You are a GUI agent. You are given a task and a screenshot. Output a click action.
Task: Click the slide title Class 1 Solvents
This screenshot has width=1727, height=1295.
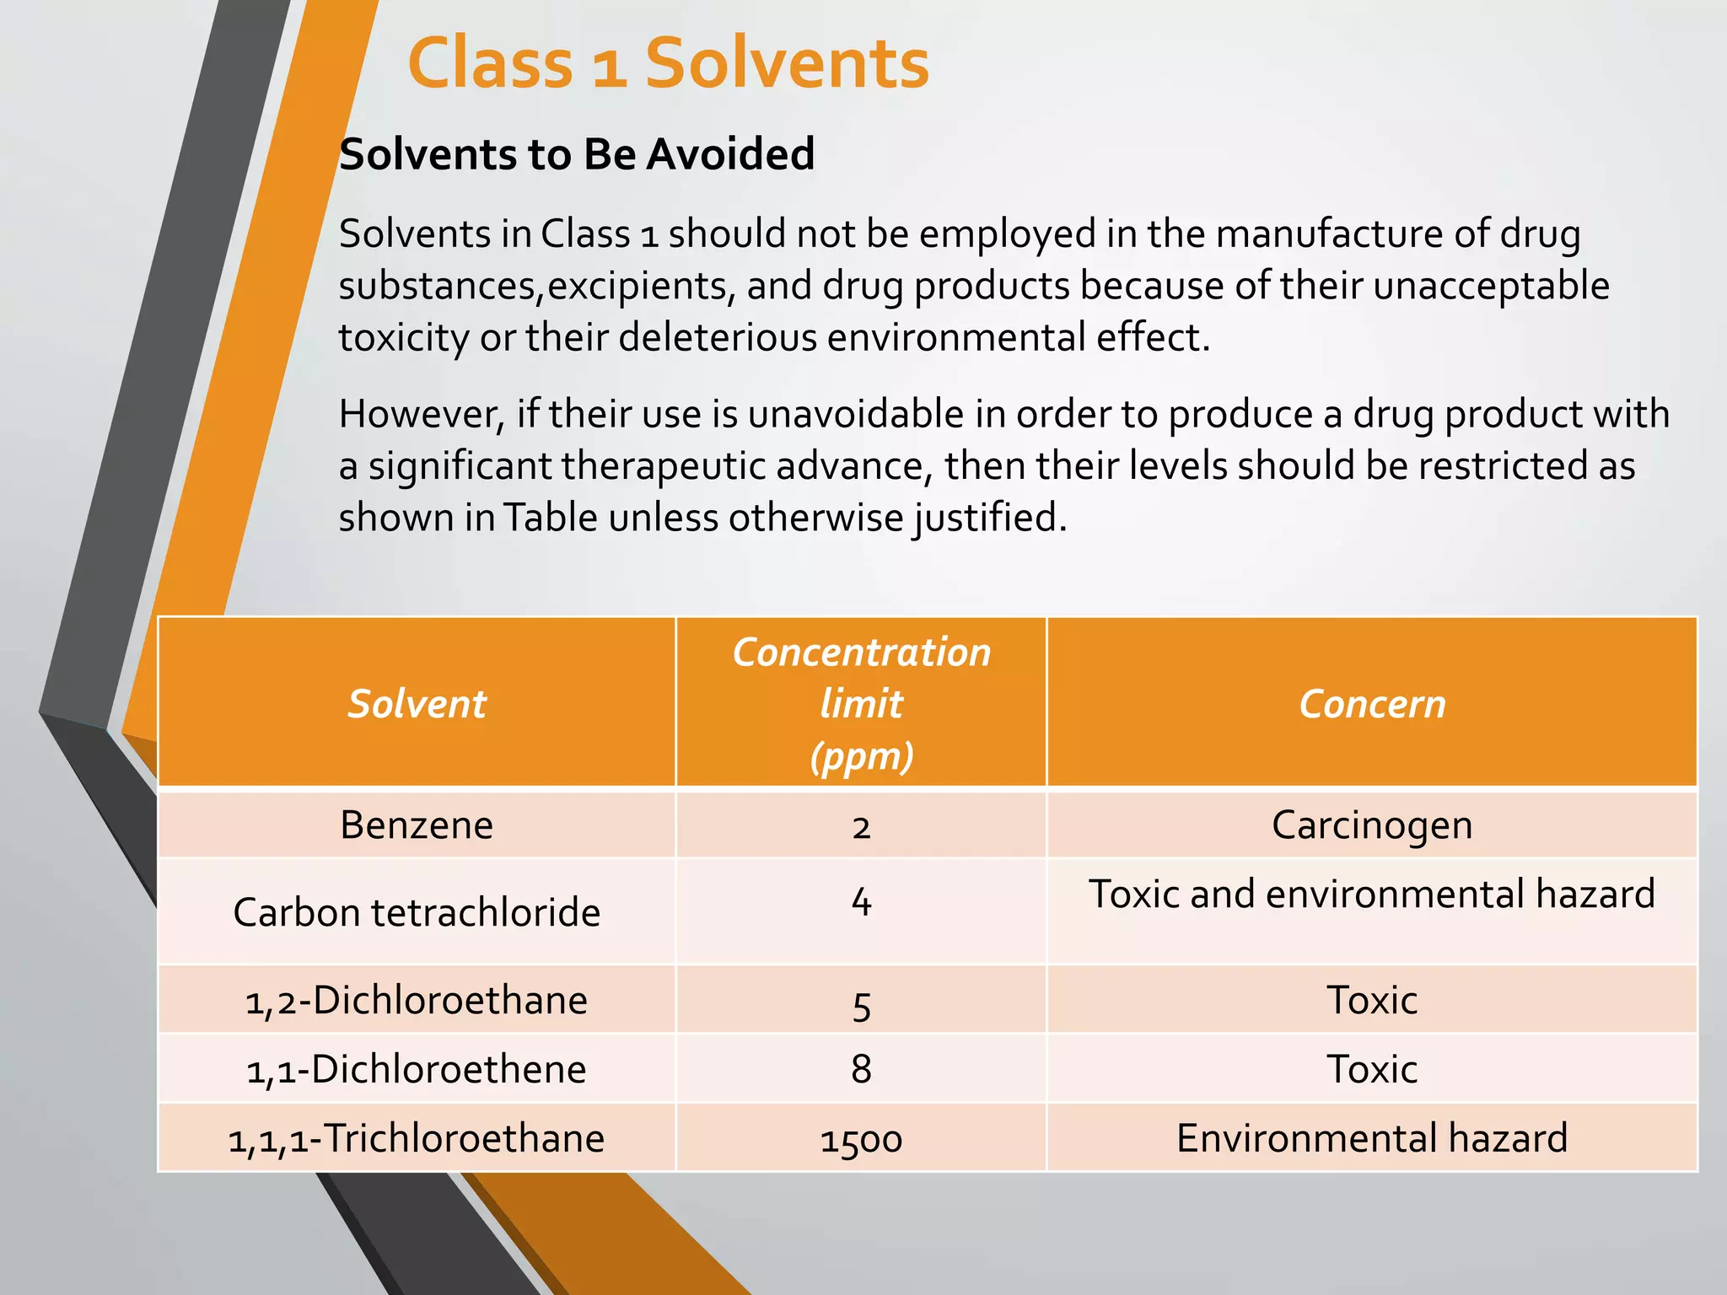668,64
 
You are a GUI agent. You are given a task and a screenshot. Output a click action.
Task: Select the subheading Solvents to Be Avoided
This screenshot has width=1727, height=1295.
577,154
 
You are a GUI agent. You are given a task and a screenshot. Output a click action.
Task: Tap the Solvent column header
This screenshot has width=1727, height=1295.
417,704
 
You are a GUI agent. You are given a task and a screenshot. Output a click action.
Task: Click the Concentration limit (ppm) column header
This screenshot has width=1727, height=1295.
861,704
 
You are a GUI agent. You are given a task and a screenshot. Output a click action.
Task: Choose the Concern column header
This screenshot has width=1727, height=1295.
1372,704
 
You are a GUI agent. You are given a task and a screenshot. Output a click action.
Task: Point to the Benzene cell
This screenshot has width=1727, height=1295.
417,825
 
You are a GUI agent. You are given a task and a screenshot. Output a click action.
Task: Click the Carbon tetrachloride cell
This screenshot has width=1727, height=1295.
417,912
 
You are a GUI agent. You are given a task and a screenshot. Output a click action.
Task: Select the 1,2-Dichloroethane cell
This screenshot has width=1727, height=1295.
417,1001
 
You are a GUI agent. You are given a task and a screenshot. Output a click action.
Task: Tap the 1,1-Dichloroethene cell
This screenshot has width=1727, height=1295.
417,1069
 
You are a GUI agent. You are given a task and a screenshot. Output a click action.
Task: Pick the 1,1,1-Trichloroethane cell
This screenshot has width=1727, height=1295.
417,1138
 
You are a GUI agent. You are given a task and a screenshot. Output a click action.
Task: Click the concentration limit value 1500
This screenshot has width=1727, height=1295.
861,1140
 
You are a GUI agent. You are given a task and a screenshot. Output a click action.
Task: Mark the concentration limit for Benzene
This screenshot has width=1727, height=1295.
861,826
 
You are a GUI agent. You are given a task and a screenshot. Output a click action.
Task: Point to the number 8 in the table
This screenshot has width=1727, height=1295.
861,1069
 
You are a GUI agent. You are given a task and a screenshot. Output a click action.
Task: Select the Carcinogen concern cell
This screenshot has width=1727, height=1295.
1372,825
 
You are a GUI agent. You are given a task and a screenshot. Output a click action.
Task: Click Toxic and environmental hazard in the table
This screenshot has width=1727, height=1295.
1372,894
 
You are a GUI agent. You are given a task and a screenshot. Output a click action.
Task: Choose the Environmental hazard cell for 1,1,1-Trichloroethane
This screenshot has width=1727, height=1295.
1372,1138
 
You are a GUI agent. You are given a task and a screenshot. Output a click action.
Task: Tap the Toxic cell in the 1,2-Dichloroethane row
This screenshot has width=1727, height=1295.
1372,1001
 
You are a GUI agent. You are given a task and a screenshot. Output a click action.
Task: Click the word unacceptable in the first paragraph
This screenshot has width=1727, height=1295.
1491,285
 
